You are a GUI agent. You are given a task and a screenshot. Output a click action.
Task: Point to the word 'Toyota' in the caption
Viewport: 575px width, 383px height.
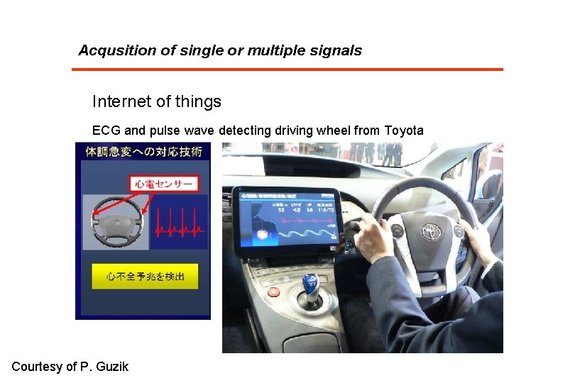coord(404,131)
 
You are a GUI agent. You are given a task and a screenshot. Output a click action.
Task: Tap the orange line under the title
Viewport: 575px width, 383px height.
coord(287,69)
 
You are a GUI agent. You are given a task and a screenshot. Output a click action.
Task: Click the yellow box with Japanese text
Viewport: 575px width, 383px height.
coord(145,276)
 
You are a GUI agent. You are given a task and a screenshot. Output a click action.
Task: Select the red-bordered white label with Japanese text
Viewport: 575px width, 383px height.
coord(164,184)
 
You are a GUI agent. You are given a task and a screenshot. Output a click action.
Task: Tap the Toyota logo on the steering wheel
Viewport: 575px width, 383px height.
coord(430,231)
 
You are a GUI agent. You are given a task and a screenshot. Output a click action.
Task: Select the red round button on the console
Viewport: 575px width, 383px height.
coord(274,291)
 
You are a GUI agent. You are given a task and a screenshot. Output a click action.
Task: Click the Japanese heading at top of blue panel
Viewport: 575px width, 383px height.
coord(144,151)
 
